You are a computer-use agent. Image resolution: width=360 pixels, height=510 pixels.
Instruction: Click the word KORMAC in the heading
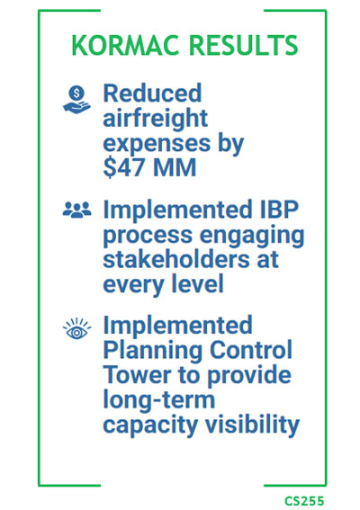point(125,45)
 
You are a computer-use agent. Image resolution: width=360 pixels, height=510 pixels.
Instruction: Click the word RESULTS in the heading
point(243,45)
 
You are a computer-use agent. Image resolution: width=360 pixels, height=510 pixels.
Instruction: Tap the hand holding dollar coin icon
point(76,100)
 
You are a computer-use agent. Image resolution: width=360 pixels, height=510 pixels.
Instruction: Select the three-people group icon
point(76,210)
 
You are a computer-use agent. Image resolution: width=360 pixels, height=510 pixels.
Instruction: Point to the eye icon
point(76,329)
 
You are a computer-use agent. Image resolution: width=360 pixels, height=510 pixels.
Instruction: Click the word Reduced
point(152,93)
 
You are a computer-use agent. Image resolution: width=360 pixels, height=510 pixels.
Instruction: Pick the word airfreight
point(156,118)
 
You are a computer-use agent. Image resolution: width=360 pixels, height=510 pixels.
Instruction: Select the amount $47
point(123,167)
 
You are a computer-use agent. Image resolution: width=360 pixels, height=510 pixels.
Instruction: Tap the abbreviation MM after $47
point(175,167)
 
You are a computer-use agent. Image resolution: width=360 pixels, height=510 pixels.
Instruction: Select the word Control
point(251,350)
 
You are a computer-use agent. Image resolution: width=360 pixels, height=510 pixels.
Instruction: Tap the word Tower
point(137,375)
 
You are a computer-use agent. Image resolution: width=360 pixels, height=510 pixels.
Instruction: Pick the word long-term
point(159,401)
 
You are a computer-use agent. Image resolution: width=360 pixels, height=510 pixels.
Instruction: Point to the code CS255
point(305,501)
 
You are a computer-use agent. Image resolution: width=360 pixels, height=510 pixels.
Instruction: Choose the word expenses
point(157,144)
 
